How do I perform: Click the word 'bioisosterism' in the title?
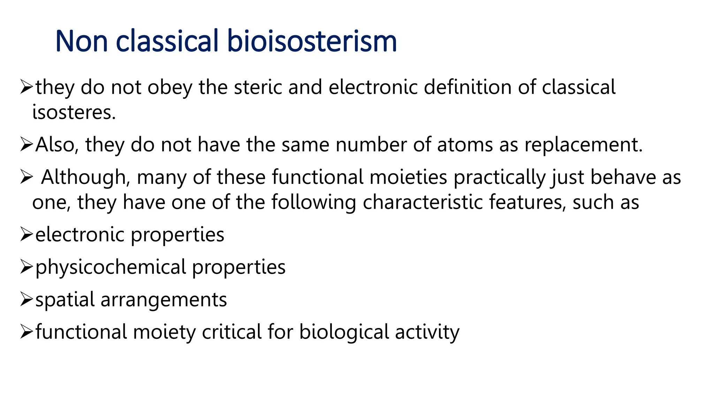pos(312,41)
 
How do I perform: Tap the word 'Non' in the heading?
pos(82,41)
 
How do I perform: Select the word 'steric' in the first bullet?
pos(258,87)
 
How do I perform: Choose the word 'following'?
pos(314,202)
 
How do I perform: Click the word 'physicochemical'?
pos(111,267)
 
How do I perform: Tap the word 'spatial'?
pos(65,300)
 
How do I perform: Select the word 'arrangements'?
pos(164,300)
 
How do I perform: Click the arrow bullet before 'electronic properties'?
pos(26,234)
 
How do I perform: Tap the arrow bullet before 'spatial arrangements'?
pos(26,299)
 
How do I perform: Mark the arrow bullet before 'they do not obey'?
pos(26,87)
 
